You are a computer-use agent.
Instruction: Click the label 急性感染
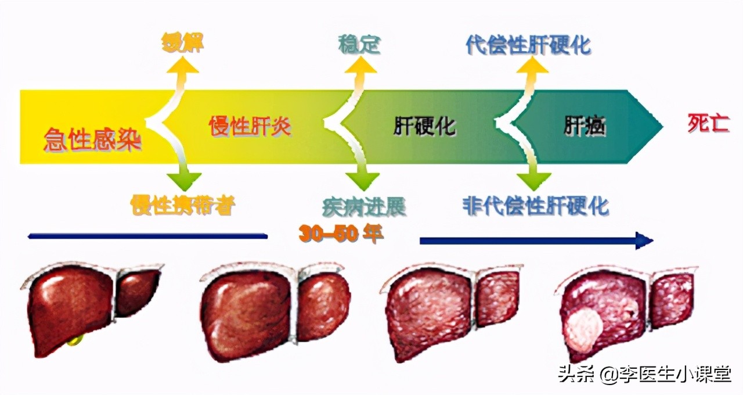coord(93,140)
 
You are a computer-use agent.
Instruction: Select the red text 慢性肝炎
coord(250,126)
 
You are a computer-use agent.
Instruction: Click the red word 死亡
coord(708,124)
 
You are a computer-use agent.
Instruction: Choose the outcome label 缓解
coord(183,44)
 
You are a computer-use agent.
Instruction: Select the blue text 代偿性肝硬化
coord(528,45)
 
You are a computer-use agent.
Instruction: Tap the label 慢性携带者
coord(183,204)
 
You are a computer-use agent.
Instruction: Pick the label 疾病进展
coord(364,206)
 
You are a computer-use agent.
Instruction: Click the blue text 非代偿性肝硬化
coord(535,205)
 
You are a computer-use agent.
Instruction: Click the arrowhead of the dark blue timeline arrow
coord(644,240)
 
